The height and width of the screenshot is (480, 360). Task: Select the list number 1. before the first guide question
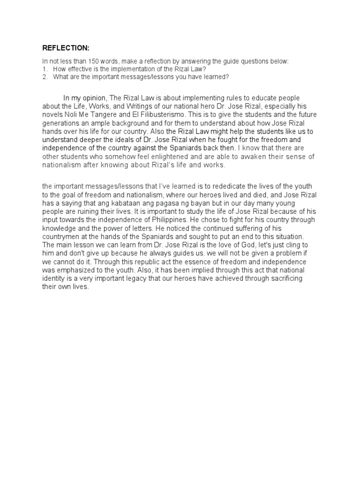[45, 69]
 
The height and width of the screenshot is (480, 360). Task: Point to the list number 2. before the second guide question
[45, 77]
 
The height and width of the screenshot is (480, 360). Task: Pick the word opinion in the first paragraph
[95, 98]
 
